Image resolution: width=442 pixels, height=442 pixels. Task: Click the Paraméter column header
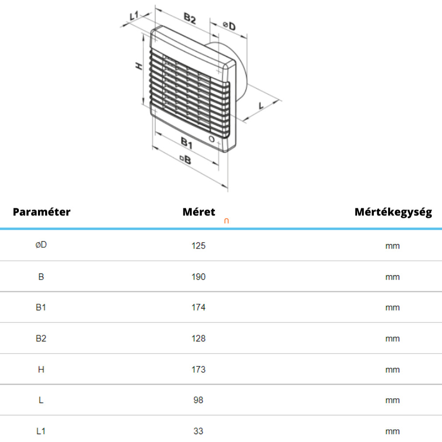coord(42,212)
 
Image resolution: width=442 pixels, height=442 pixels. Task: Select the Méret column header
coord(199,212)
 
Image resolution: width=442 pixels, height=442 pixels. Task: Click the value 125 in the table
coord(198,246)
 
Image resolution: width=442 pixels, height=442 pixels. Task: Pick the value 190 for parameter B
coord(198,277)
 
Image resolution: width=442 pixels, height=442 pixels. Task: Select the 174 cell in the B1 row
coord(198,307)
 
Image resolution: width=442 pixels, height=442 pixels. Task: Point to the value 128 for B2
coord(198,338)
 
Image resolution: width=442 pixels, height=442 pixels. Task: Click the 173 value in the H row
coord(198,369)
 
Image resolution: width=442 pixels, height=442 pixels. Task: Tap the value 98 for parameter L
coord(198,400)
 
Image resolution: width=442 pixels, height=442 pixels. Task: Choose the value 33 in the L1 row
coord(198,431)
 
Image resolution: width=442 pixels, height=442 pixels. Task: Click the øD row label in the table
coord(41,245)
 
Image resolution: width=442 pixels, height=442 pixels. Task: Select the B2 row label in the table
coord(41,338)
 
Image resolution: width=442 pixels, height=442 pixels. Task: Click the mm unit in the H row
coord(393,370)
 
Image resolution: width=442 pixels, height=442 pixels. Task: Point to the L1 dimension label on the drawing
coord(134,15)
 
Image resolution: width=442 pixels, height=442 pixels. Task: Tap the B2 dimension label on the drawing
coord(190,18)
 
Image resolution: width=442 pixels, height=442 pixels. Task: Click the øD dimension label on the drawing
coord(229,26)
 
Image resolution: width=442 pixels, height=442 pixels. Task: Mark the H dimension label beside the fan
coord(139,67)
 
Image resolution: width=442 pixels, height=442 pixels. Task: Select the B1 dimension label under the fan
coord(186,143)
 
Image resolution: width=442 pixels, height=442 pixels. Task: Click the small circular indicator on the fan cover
coord(211,139)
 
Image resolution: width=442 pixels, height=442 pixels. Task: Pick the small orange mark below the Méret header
coord(226,221)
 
